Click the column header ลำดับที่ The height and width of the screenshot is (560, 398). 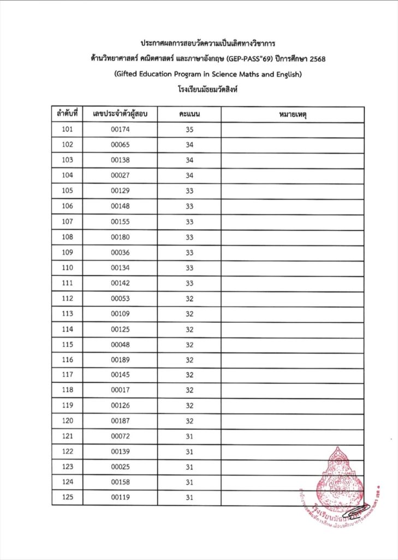[x=67, y=114]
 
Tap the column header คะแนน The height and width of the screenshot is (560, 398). [x=189, y=114]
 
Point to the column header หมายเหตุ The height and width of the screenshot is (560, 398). [x=293, y=114]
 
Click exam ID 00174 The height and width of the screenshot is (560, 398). [x=120, y=130]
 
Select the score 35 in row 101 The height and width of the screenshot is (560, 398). [x=189, y=130]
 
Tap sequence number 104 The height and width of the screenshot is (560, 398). [x=67, y=176]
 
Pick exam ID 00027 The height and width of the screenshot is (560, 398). [x=120, y=176]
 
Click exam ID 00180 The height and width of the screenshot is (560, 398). [x=120, y=237]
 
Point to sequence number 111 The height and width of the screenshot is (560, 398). [x=67, y=283]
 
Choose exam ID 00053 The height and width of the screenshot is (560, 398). [x=120, y=299]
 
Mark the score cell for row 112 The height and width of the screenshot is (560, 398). [x=189, y=299]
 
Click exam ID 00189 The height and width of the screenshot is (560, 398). [x=120, y=360]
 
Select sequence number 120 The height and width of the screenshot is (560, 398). [x=67, y=421]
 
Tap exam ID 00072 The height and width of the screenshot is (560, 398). [x=120, y=436]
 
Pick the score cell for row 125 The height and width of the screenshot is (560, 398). [x=189, y=498]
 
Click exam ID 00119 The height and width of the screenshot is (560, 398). [x=120, y=498]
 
